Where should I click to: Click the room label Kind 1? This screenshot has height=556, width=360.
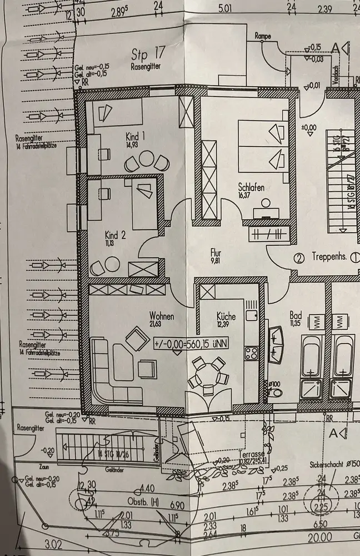coord(136,136)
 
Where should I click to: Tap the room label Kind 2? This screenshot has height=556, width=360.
coord(115,235)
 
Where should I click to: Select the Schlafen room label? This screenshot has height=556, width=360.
coord(252,187)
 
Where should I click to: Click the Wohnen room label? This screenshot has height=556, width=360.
coord(161,316)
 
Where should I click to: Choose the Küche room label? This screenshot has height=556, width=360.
coord(227,316)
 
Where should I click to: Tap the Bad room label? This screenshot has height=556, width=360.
coord(295,315)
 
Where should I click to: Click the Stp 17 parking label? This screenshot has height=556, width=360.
coord(149,54)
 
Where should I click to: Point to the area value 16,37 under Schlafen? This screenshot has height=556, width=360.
coord(252,195)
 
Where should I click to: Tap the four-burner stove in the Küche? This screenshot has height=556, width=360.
coord(251,353)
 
